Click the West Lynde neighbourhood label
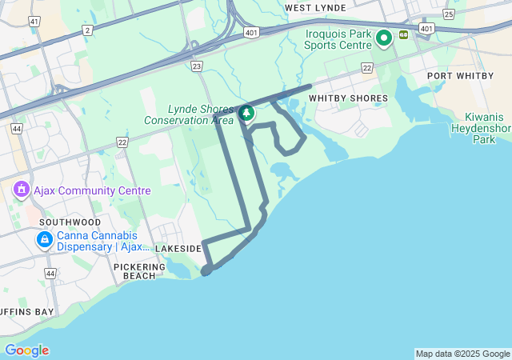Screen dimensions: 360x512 [315, 8]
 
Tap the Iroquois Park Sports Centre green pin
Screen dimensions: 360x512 [383, 37]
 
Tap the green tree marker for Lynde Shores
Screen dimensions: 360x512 [246, 114]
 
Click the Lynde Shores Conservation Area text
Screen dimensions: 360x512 [189, 114]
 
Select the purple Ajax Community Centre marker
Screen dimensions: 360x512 [21, 190]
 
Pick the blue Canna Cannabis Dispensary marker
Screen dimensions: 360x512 [44, 239]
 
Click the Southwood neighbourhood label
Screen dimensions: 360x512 [70, 222]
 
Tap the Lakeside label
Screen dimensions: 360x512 [178, 249]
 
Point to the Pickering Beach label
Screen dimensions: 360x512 [139, 271]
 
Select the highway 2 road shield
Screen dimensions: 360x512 [86, 30]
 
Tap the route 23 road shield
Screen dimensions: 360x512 [197, 66]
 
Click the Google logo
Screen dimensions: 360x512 [26, 350]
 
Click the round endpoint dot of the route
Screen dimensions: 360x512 [206, 270]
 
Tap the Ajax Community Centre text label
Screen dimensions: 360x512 [92, 191]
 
